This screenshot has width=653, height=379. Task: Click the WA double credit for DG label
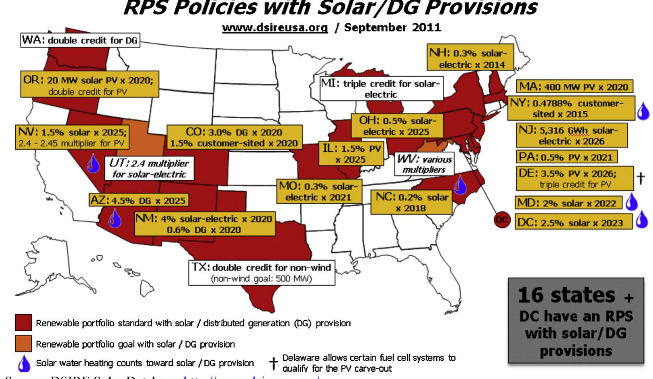coord(80,40)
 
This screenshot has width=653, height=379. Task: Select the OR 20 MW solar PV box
coord(90,85)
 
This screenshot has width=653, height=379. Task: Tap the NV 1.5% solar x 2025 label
coord(72,137)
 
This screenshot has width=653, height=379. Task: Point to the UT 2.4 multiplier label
coord(149,169)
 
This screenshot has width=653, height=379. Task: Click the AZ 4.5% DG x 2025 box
coord(138,200)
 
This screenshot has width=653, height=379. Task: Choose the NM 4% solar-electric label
coord(205,224)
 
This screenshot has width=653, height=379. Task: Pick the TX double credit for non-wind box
coord(261,272)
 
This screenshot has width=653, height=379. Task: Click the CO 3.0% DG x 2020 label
coord(234,137)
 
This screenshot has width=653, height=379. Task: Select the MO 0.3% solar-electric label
coord(318,192)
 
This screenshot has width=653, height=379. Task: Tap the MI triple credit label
coord(380,89)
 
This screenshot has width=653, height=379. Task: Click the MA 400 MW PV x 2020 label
coord(574,87)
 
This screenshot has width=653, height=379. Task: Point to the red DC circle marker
coord(501,220)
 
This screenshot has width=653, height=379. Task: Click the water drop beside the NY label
coord(643,111)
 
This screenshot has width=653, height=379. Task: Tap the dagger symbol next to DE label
coord(641,177)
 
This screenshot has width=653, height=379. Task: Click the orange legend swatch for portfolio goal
coord(23,343)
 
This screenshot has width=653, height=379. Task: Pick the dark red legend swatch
coord(23,323)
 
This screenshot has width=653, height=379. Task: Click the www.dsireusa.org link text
coord(275,27)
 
